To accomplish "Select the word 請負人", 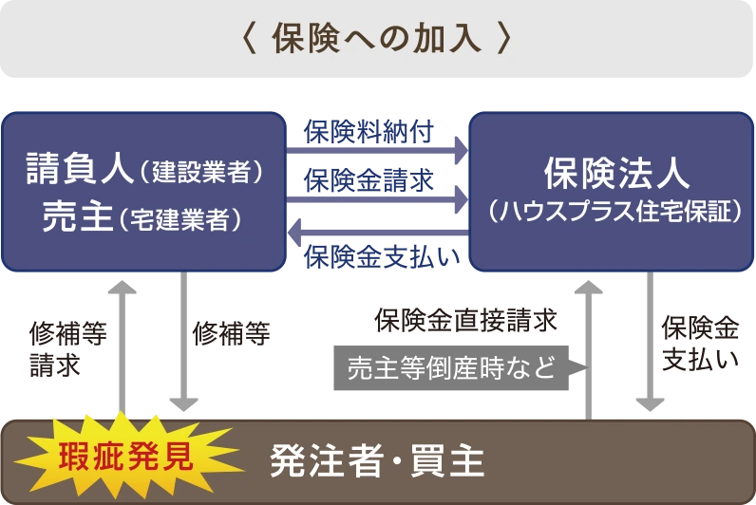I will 80,170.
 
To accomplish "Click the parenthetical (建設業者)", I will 200,173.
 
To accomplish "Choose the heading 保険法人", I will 616,172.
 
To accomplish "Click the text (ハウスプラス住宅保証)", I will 616,211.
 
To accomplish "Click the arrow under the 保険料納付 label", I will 378,149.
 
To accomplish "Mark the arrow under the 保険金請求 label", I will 378,196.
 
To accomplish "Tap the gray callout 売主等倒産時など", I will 450,367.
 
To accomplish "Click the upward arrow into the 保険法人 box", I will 589,342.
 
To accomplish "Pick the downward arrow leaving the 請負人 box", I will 182,342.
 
